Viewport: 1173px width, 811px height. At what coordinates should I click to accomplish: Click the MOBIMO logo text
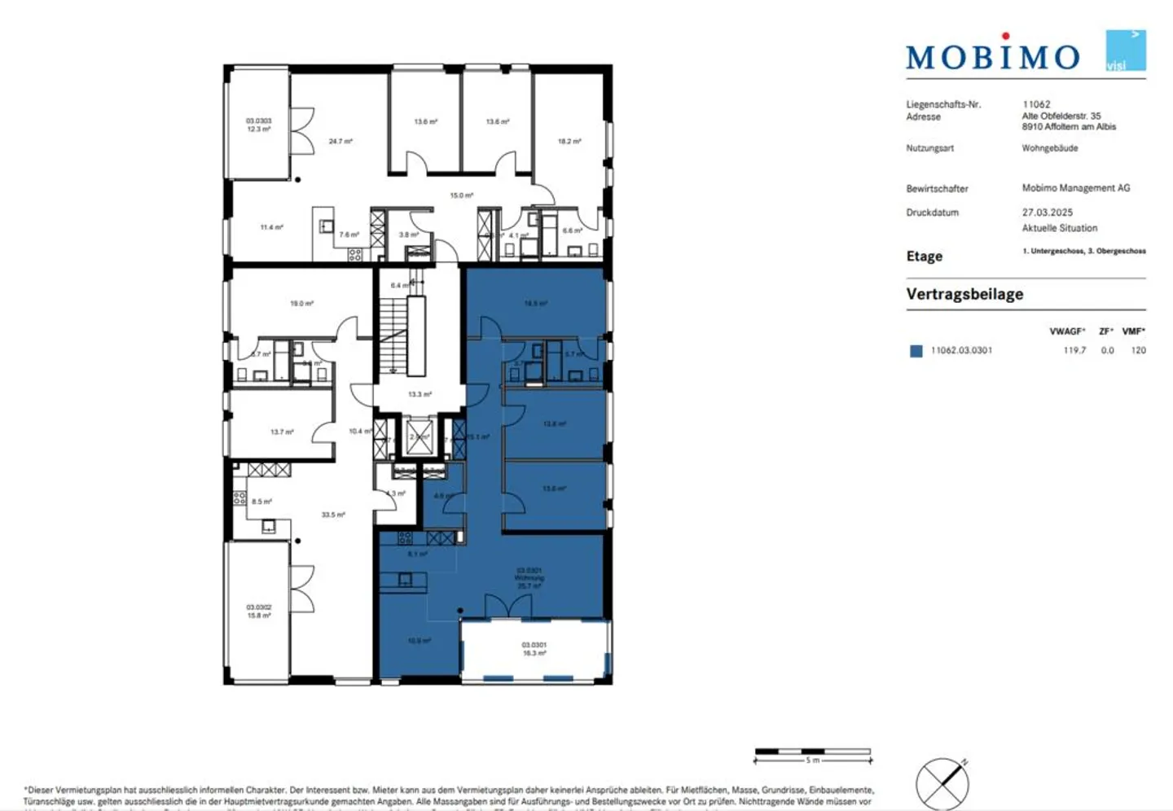(992, 56)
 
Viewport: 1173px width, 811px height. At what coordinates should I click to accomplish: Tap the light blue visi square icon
(1125, 50)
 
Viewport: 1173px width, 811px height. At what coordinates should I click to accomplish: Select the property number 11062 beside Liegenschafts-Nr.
(1036, 104)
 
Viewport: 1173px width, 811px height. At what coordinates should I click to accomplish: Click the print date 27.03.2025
(1047, 213)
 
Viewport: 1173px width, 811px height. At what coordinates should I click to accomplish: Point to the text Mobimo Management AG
(1075, 188)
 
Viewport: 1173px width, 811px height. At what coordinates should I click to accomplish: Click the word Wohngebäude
(1049, 148)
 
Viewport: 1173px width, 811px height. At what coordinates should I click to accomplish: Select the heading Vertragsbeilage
(964, 294)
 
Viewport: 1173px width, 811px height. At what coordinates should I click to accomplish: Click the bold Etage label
(924, 256)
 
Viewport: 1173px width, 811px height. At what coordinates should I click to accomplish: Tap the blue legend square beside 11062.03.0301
(916, 351)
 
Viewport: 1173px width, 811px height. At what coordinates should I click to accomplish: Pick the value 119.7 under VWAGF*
(1074, 350)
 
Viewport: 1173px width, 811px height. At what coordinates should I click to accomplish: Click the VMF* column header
(1133, 331)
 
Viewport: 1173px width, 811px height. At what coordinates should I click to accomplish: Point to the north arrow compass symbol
(942, 783)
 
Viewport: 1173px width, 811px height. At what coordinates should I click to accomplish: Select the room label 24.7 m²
(340, 142)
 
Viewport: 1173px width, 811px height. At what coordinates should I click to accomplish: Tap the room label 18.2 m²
(569, 142)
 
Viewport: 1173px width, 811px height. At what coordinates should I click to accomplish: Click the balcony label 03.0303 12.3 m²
(258, 125)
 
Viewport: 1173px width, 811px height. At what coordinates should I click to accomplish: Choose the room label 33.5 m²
(333, 515)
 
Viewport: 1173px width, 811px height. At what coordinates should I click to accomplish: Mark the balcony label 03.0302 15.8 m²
(258, 612)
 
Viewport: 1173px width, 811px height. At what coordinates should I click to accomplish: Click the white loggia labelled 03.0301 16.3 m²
(534, 649)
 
